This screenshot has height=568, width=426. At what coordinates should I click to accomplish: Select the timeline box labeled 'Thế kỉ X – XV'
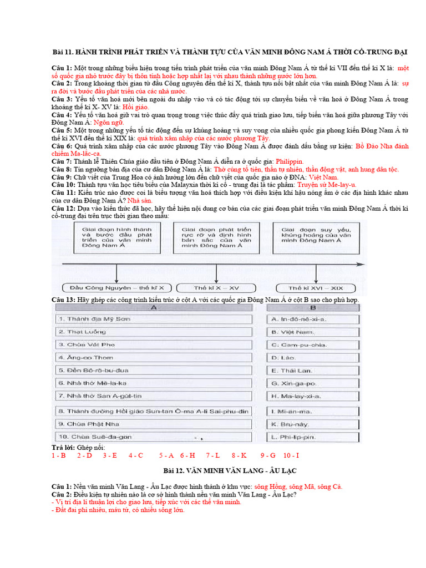[x=217, y=288]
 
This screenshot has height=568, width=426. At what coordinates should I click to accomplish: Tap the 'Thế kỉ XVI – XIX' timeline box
[x=317, y=288]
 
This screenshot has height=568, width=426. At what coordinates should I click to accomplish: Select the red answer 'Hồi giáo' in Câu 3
[x=136, y=107]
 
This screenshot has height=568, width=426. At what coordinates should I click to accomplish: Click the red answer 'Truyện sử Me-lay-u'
[x=327, y=185]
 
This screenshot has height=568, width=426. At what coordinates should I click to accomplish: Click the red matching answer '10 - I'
[x=291, y=455]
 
